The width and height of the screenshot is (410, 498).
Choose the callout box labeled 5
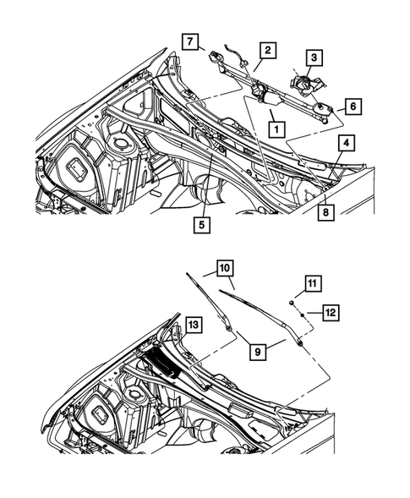(x=203, y=225)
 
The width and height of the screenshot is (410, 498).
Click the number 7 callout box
(x=191, y=41)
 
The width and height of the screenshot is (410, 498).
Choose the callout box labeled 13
(x=194, y=325)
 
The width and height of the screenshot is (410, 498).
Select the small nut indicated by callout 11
(x=292, y=301)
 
